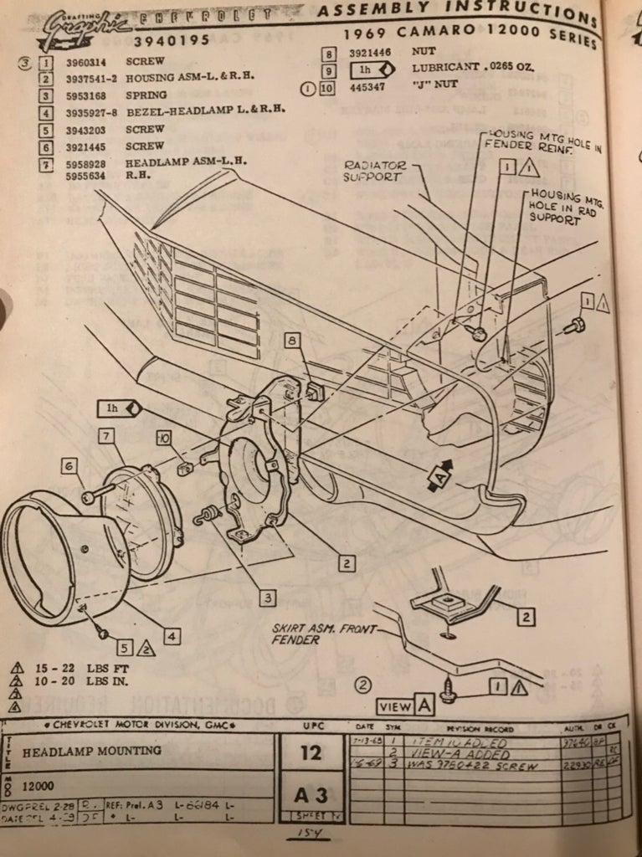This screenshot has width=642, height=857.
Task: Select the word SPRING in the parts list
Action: [146, 95]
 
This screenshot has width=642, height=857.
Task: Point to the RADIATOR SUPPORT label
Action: [374, 172]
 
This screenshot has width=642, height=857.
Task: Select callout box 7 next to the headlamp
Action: [105, 435]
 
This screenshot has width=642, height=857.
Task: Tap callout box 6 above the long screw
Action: [69, 466]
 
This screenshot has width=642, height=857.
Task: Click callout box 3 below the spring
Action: [266, 598]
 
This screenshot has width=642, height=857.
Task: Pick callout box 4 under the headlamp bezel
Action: [171, 637]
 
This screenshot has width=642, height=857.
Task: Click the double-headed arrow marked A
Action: [439, 476]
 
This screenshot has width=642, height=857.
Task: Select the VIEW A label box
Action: [405, 706]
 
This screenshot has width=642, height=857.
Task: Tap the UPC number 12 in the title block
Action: [311, 752]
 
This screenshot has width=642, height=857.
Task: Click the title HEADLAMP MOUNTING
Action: [92, 751]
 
